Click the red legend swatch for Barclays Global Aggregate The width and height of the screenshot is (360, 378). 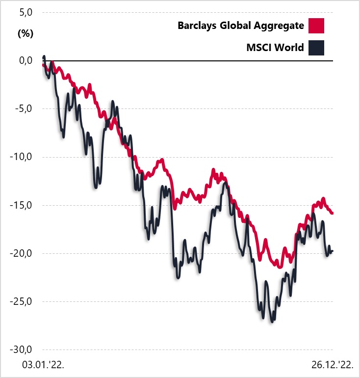pyautogui.click(x=317, y=25)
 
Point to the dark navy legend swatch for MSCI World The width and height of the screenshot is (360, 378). pyautogui.click(x=317, y=48)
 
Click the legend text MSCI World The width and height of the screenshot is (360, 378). pyautogui.click(x=275, y=48)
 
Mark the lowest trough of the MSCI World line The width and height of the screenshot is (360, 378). pyautogui.click(x=272, y=322)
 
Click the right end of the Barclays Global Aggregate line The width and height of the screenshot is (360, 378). pyautogui.click(x=332, y=213)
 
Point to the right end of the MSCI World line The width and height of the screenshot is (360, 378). pyautogui.click(x=332, y=251)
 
